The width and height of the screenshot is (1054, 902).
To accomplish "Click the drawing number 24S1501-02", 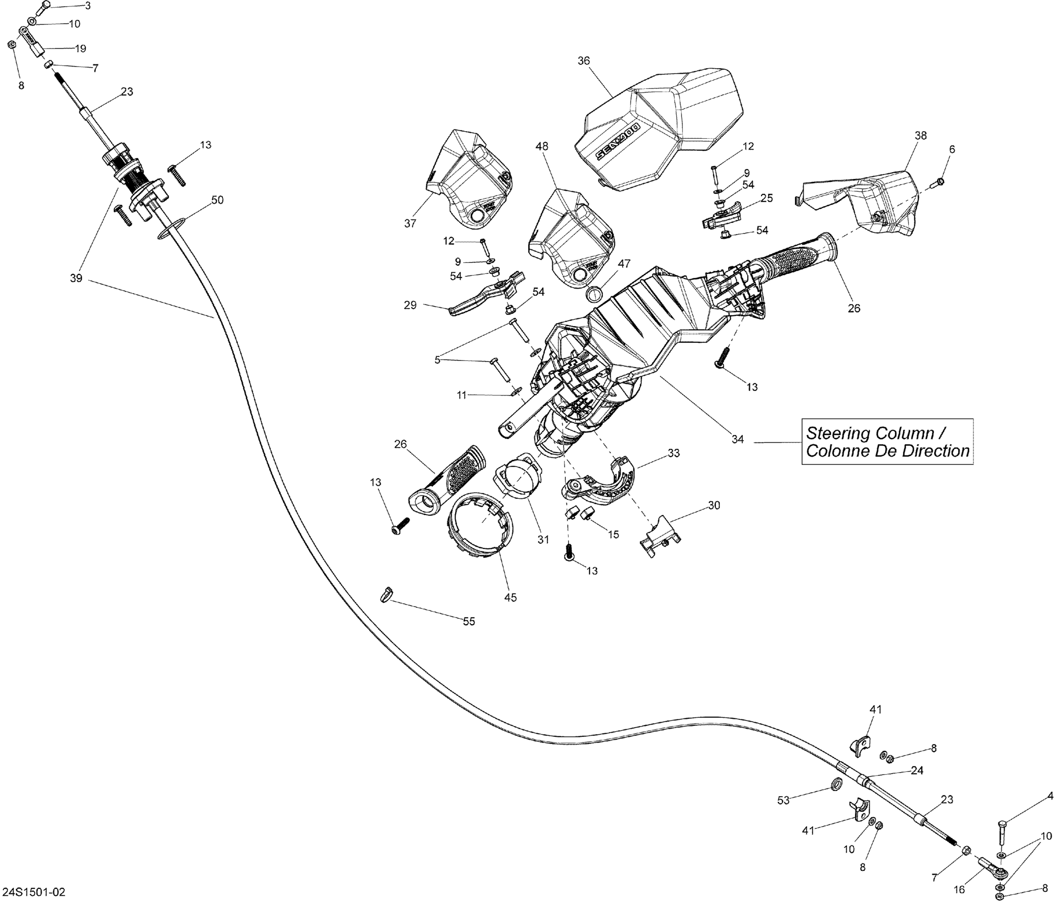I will [34, 892].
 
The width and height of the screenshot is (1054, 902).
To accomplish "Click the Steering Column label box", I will [887, 442].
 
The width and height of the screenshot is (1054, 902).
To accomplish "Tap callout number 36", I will [584, 61].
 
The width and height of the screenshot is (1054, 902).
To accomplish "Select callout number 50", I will [217, 200].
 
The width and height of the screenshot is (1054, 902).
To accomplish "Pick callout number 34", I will [737, 439].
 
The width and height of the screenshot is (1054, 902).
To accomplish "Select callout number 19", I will [80, 49].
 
